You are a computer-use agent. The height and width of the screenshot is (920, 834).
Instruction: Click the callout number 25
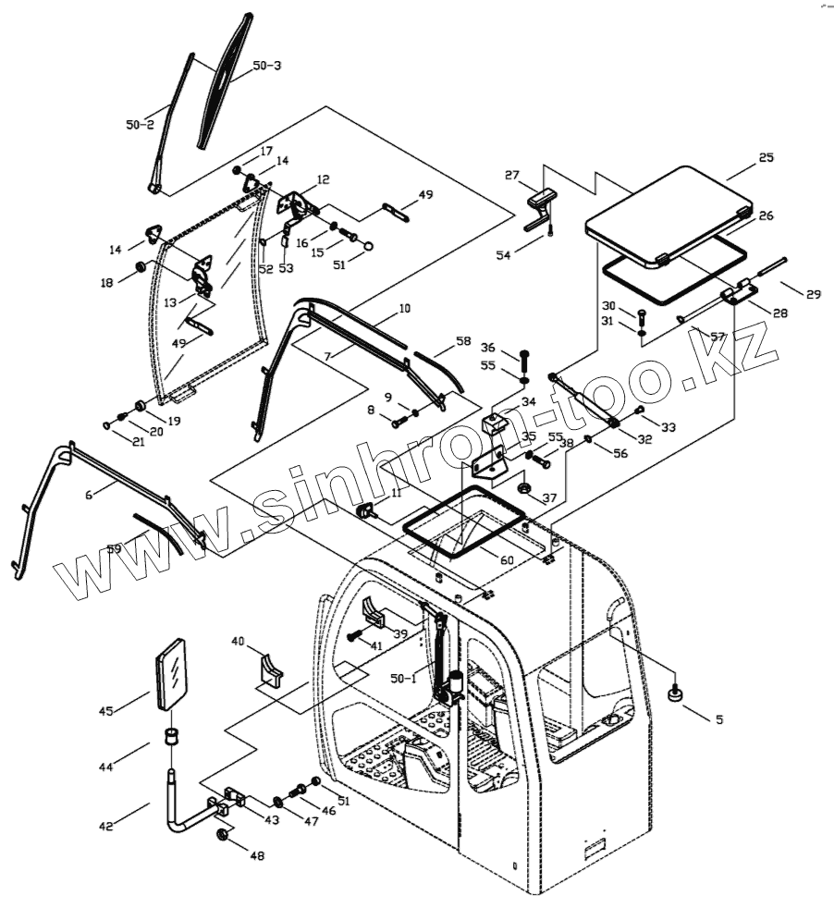click(x=766, y=158)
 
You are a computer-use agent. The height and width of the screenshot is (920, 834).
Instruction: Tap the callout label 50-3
click(x=267, y=66)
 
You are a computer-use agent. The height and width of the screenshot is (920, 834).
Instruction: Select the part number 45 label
click(x=107, y=710)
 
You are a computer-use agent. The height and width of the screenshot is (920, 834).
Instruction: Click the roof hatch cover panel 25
click(x=669, y=215)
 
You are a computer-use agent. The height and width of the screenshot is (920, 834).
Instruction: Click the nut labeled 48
click(x=223, y=835)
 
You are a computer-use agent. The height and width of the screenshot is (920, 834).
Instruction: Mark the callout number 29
click(x=813, y=295)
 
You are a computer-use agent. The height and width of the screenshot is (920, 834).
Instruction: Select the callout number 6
click(x=89, y=495)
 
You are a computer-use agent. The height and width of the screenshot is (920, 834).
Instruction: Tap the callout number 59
click(x=114, y=549)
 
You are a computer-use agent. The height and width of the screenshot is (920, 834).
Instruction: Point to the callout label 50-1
click(x=402, y=678)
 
